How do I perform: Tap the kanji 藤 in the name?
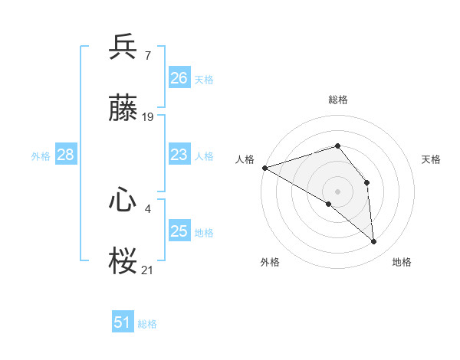123,109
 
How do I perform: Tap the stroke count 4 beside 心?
147,207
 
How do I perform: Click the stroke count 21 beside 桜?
148,270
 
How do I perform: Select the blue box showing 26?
179,78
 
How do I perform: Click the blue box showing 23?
179,155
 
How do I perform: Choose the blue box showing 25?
179,231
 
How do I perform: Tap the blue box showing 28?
66,155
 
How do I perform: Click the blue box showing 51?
123,322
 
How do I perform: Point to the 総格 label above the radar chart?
338,100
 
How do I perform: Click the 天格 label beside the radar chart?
431,159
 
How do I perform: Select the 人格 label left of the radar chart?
245,159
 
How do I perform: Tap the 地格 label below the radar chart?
402,262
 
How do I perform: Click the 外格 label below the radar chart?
270,262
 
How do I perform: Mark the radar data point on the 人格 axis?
264,168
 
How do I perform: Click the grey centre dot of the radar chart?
337,191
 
